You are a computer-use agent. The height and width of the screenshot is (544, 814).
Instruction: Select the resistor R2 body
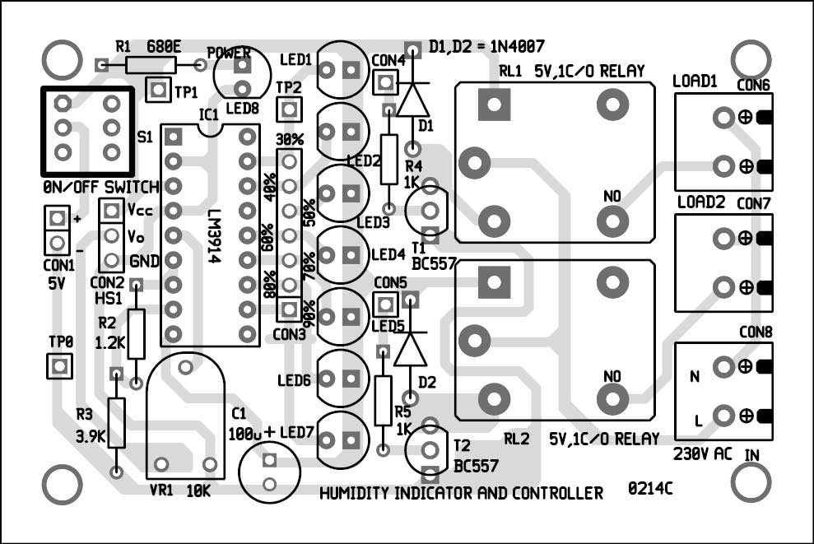click(x=137, y=334)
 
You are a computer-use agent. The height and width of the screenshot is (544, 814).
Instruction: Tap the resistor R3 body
click(x=116, y=422)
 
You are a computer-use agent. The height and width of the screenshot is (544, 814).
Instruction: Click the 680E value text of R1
click(x=164, y=48)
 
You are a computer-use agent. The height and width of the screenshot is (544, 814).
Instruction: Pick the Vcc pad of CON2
click(x=111, y=211)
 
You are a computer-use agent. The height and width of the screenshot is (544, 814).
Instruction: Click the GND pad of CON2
click(x=111, y=260)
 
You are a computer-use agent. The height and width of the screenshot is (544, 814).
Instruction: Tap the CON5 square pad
click(x=382, y=305)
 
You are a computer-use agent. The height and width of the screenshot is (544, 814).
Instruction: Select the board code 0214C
click(x=649, y=489)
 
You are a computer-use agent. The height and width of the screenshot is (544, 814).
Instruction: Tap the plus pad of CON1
click(x=57, y=219)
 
